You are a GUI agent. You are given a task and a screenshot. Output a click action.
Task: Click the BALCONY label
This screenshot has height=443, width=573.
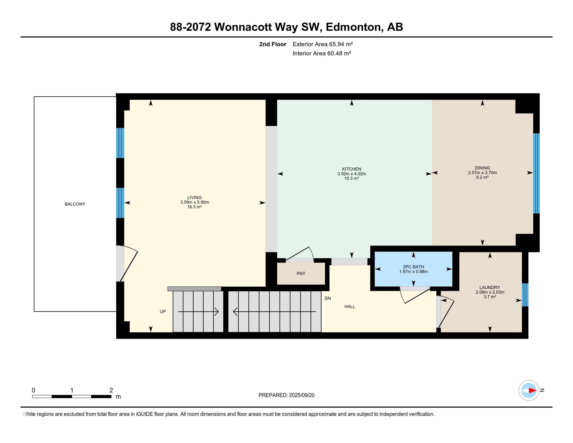pos(75,204)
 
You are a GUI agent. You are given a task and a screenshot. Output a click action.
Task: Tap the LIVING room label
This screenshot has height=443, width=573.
pos(194,198)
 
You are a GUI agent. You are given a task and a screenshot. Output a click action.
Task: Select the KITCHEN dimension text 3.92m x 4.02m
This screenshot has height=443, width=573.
pos(352,174)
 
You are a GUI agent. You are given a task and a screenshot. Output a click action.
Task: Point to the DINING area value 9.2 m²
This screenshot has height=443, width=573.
pos(482,177)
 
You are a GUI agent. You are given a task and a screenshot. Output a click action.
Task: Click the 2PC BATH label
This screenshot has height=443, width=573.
pos(414,267)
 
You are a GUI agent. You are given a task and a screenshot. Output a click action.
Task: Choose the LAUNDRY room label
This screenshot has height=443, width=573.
pos(490,287)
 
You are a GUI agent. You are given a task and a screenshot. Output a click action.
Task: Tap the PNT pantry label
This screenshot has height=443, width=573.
pos(301,273)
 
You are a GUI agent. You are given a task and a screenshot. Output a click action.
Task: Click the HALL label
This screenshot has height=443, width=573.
pos(350,306)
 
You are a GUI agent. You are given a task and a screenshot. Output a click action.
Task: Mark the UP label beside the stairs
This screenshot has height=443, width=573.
pos(163,311)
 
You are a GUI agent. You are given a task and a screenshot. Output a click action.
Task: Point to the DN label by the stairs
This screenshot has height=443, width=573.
pos(327,298)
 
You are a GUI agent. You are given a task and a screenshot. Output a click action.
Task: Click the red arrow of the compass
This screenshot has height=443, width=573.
pos(532,390)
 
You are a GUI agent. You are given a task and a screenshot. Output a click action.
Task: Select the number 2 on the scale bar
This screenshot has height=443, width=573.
pos(111,390)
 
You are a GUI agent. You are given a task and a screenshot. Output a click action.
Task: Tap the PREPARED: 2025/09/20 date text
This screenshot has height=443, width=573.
pos(286,395)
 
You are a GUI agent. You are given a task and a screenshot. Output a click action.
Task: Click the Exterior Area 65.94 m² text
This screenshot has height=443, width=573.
pos(323,44)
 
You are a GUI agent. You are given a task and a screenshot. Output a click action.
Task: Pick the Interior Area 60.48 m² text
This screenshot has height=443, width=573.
pos(322,53)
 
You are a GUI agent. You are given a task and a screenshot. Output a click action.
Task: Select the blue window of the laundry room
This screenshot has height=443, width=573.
pos(525,295)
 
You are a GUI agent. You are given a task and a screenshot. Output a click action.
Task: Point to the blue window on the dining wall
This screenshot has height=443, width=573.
pos(536,173)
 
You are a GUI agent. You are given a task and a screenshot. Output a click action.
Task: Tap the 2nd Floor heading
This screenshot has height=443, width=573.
pos(273,44)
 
